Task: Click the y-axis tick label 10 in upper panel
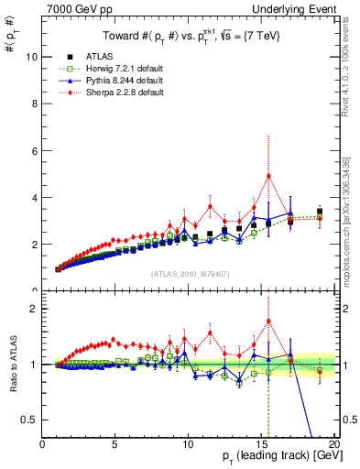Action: (x=32, y=56)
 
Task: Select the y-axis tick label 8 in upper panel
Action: (x=35, y=104)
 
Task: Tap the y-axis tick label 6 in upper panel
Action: (x=35, y=150)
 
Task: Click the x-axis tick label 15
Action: (x=261, y=443)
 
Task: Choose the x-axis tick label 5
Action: (x=115, y=443)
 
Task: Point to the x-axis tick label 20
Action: (x=333, y=443)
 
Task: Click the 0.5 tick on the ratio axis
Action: (x=30, y=420)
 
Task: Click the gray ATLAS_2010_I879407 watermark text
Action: (x=189, y=273)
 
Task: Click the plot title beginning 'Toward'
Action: (x=189, y=36)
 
